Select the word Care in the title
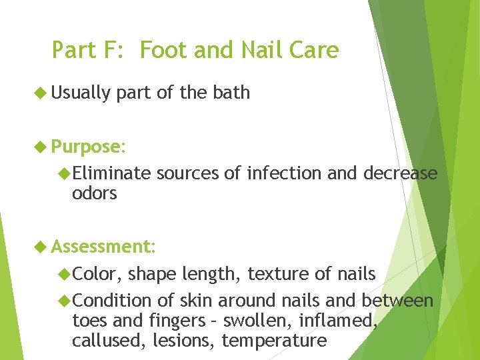(315, 50)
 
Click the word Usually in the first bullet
(81, 93)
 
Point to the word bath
(231, 93)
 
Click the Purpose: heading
(87, 147)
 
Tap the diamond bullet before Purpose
(41, 147)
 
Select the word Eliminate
(112, 173)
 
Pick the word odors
(94, 193)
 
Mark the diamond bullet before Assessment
(41, 247)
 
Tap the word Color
(97, 274)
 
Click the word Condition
(112, 301)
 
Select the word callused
(104, 341)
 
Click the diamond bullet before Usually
(41, 93)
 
